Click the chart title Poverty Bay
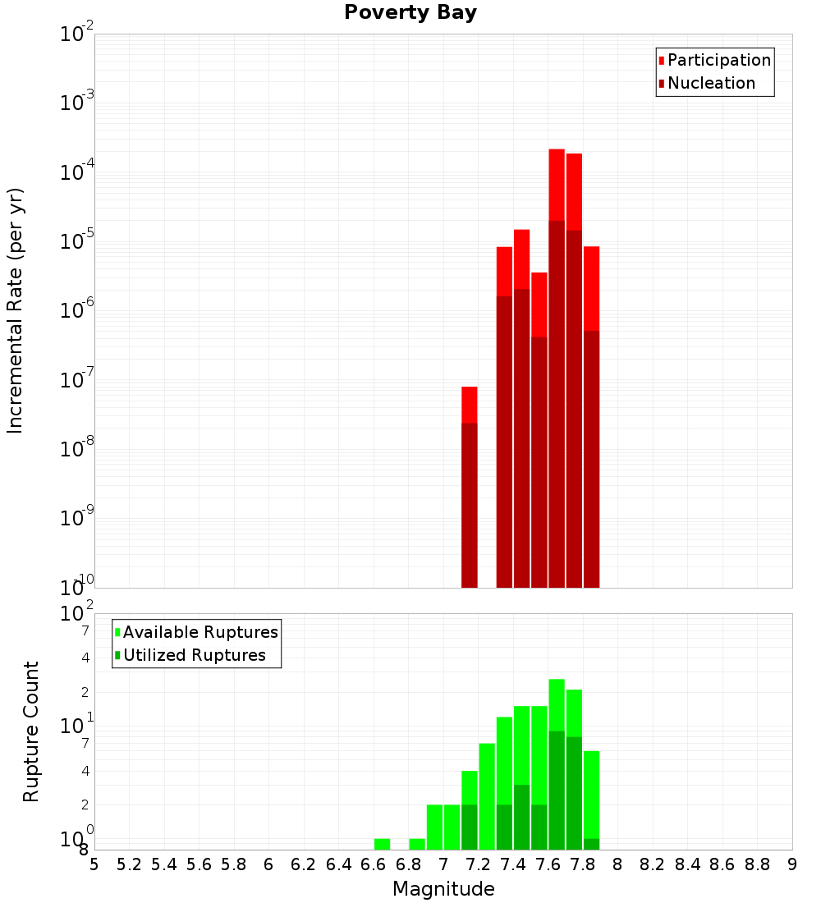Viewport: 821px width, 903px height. (410, 13)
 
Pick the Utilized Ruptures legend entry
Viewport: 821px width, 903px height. (194, 656)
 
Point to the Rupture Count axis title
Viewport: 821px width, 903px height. (31, 731)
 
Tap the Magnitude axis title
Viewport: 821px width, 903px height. (443, 889)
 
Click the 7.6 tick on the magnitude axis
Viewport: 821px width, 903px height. (548, 864)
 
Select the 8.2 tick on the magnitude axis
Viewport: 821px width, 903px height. (653, 864)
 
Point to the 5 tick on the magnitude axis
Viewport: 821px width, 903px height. (94, 864)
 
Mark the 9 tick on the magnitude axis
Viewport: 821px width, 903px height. (792, 864)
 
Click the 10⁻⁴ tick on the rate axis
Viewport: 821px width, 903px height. (77, 173)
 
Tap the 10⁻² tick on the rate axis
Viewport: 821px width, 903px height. (77, 34)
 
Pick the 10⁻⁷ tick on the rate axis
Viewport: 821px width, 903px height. (77, 381)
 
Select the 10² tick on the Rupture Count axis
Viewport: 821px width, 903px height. (77, 615)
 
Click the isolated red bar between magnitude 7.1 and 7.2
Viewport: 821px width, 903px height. (470, 493)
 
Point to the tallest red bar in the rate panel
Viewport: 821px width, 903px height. (557, 369)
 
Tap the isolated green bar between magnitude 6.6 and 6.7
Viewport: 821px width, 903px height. (382, 844)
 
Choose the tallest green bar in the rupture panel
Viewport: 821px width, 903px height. (557, 763)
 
